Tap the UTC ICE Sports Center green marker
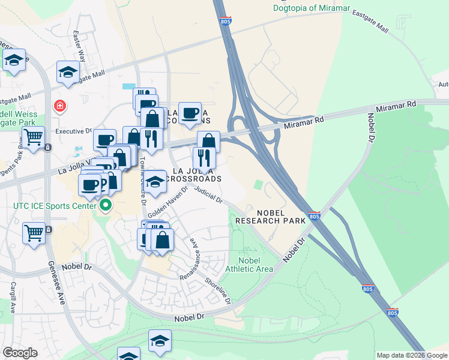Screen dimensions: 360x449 [106, 206]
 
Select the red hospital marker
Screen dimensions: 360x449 [59, 107]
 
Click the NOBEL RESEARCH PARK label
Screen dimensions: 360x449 [265, 217]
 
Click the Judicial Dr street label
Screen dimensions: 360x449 [208, 196]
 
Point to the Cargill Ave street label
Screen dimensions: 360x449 [12, 299]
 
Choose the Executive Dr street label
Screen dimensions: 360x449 [73, 130]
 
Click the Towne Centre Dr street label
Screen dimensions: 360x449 [143, 181]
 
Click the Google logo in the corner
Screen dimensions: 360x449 [20, 353]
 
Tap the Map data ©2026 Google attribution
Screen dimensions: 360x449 [412, 355]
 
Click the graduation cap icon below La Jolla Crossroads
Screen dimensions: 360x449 [155, 181]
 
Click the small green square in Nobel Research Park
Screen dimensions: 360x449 [259, 185]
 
